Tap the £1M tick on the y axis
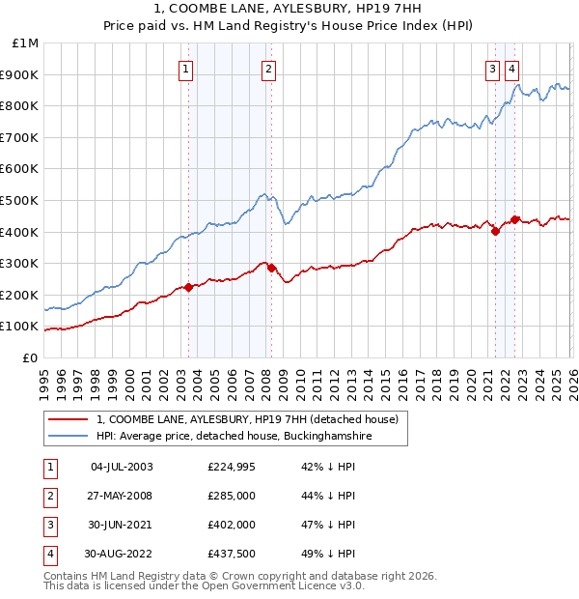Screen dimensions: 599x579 (x=26, y=43)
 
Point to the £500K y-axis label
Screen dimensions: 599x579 (x=22, y=200)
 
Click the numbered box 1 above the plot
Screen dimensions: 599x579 (x=185, y=69)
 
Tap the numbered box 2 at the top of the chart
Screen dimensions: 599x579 (x=267, y=69)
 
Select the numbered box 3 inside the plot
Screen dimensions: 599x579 (x=492, y=69)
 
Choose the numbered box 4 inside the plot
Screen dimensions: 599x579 (x=511, y=69)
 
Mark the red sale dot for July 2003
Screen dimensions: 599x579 (x=188, y=287)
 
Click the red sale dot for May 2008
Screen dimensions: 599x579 (x=271, y=268)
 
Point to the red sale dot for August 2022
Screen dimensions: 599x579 (x=515, y=219)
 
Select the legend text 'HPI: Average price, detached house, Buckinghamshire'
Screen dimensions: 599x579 (x=234, y=437)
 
